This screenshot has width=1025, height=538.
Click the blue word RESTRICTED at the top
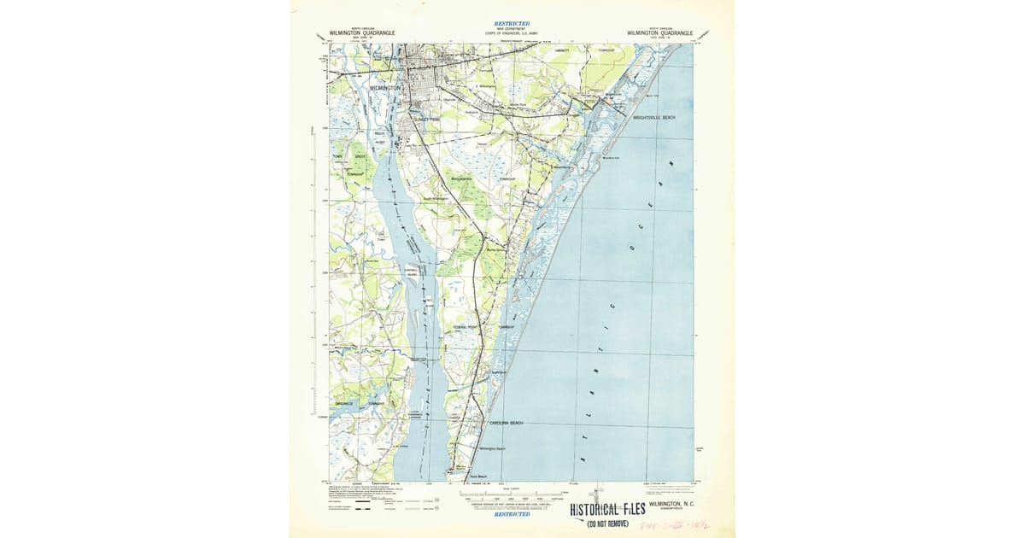[512, 23]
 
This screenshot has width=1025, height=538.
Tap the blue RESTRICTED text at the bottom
[512, 514]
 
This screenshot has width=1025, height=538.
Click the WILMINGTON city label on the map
[385, 88]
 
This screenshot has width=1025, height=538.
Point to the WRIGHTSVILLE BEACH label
[659, 117]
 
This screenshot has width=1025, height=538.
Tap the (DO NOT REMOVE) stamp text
[607, 523]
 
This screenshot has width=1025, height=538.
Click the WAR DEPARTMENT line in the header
[512, 28]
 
